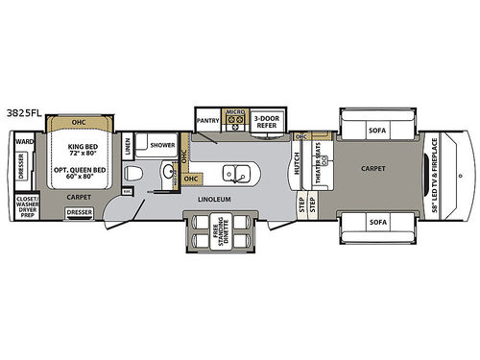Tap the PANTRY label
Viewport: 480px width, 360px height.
[x=207, y=121]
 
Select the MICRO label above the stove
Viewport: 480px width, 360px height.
[x=236, y=112]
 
